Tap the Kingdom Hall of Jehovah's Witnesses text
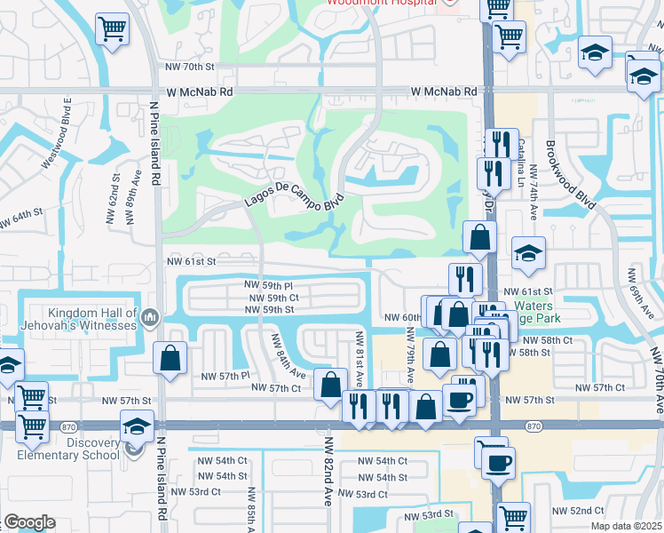click(81, 319)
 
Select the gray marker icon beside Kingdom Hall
click(150, 316)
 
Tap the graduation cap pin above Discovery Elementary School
click(138, 427)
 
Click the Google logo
click(29, 522)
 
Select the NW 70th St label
click(196, 67)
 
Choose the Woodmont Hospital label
click(382, 3)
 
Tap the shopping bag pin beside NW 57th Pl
click(170, 358)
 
